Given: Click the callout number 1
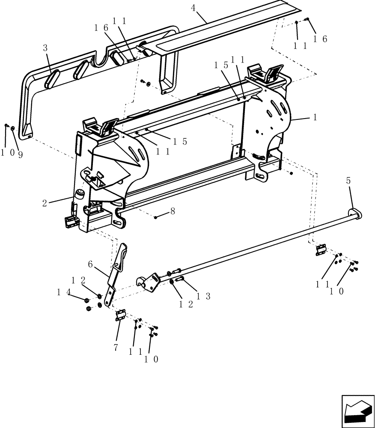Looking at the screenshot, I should [315, 117].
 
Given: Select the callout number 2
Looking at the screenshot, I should [45, 203].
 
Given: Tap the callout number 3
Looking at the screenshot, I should [45, 48].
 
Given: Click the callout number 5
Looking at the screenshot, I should [348, 181].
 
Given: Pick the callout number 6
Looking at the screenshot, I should [90, 265].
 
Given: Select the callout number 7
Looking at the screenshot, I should [116, 347].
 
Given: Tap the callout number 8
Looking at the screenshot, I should [173, 211].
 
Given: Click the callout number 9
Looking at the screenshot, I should [20, 153].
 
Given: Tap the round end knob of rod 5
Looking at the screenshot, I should [355, 213].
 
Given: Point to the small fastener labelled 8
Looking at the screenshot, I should [156, 217].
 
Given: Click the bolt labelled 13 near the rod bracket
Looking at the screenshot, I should [180, 279].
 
